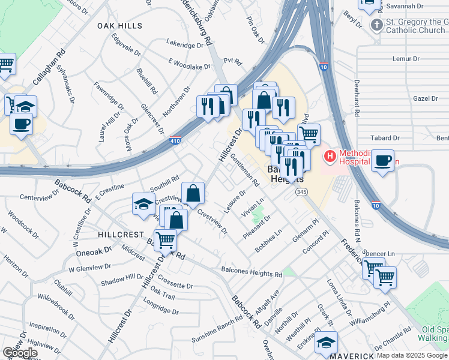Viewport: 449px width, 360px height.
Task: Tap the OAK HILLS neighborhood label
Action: click(120, 26)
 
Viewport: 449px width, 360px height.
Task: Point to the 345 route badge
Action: click(302, 192)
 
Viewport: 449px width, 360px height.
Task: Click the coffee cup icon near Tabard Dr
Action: click(382, 161)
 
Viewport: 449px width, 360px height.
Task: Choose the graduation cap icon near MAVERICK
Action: click(326, 343)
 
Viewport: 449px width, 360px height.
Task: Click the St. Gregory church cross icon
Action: click(376, 25)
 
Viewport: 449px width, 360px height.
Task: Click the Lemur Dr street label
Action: click(406, 59)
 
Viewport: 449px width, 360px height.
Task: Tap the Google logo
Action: click(20, 353)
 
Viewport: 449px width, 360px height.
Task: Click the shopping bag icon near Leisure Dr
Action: click(193, 193)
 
